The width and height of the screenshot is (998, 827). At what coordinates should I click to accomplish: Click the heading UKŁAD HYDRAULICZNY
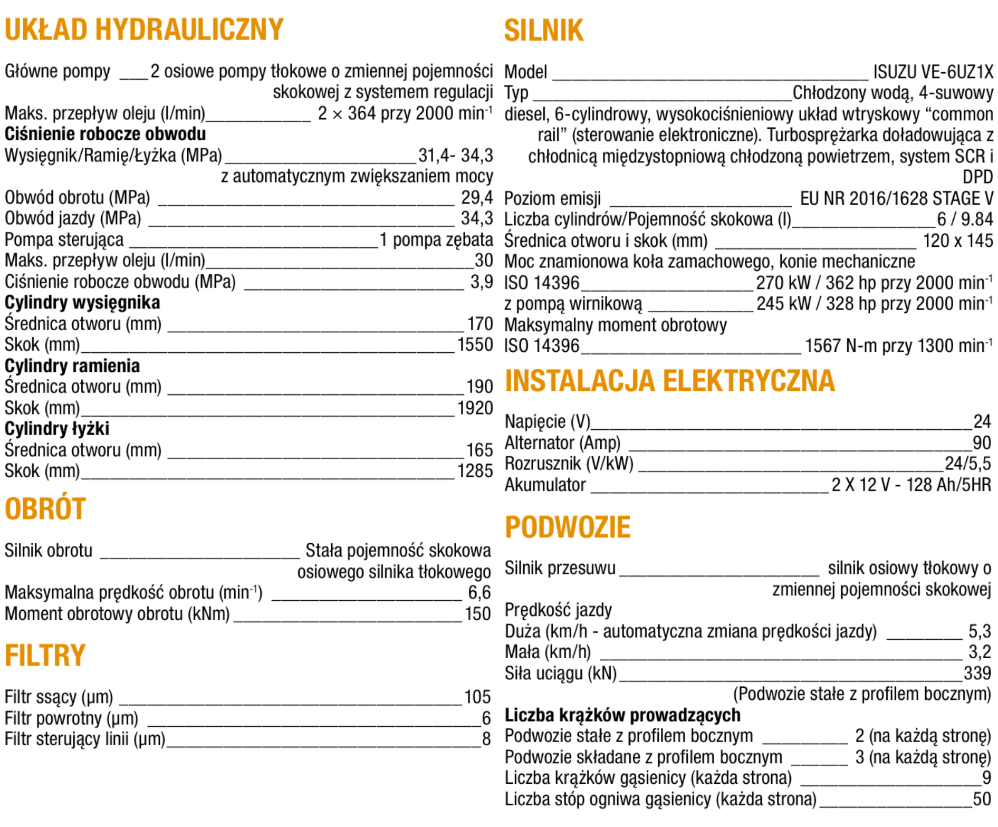point(144,30)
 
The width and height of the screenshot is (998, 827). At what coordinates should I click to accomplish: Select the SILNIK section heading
point(544,30)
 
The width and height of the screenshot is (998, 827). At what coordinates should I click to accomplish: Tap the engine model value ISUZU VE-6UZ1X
point(933,72)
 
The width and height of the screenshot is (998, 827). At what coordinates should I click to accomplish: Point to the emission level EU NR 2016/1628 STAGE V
point(896,198)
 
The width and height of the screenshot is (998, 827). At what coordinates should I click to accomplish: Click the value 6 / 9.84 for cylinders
point(965,219)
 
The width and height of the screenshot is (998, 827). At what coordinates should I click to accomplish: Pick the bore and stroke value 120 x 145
point(957,241)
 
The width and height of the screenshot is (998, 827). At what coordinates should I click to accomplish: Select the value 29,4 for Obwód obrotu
point(476,197)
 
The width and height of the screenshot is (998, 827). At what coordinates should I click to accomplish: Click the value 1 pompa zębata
point(436,239)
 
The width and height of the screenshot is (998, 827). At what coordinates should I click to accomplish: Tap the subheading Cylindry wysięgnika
point(82,303)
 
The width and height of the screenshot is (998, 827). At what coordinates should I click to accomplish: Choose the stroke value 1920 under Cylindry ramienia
point(475,408)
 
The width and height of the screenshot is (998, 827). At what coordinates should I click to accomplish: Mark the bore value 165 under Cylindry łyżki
point(479,450)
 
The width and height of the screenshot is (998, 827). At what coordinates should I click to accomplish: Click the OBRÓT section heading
point(45,509)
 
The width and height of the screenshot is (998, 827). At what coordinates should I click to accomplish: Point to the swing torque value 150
point(478,614)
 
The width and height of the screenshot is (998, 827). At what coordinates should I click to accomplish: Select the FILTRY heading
point(45,656)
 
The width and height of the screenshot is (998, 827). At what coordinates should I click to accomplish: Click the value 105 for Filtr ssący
point(477,697)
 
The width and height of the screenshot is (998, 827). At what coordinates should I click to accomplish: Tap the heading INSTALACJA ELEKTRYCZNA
point(670,381)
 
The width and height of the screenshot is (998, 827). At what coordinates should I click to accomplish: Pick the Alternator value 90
point(982,443)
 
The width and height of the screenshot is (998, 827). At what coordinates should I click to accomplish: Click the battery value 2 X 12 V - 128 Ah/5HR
point(911,485)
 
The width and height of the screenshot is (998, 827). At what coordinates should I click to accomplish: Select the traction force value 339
point(977,673)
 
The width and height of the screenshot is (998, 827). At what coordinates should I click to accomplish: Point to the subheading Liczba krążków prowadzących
point(622,715)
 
